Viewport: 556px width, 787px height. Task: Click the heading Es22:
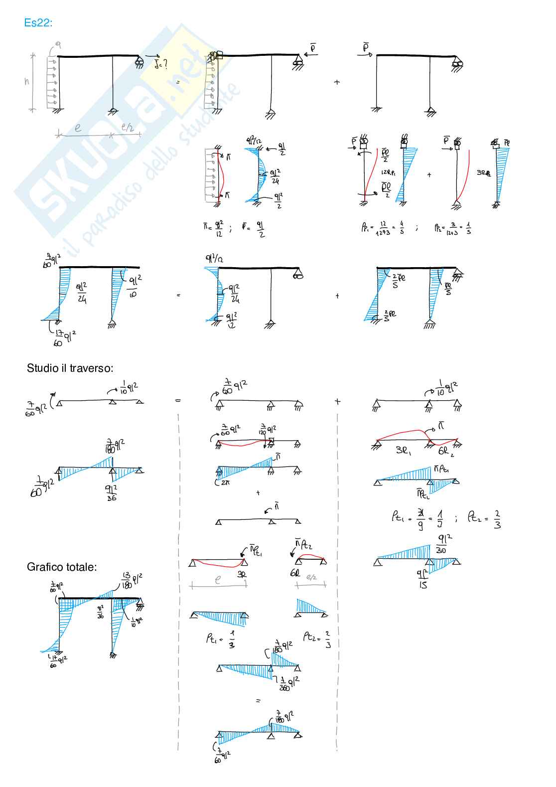(x=38, y=23)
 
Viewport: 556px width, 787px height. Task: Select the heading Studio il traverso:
(x=70, y=368)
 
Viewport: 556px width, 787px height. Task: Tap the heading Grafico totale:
(x=62, y=567)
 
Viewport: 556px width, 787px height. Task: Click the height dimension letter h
(x=27, y=81)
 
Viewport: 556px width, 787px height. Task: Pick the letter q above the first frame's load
(x=58, y=44)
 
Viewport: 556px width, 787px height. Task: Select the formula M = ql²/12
(x=213, y=229)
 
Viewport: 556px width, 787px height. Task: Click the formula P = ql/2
(x=253, y=229)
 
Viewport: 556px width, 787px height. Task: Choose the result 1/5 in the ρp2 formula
(x=469, y=228)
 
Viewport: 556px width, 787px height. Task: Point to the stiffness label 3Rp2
(x=483, y=173)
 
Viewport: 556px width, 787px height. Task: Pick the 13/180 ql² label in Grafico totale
(x=132, y=580)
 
